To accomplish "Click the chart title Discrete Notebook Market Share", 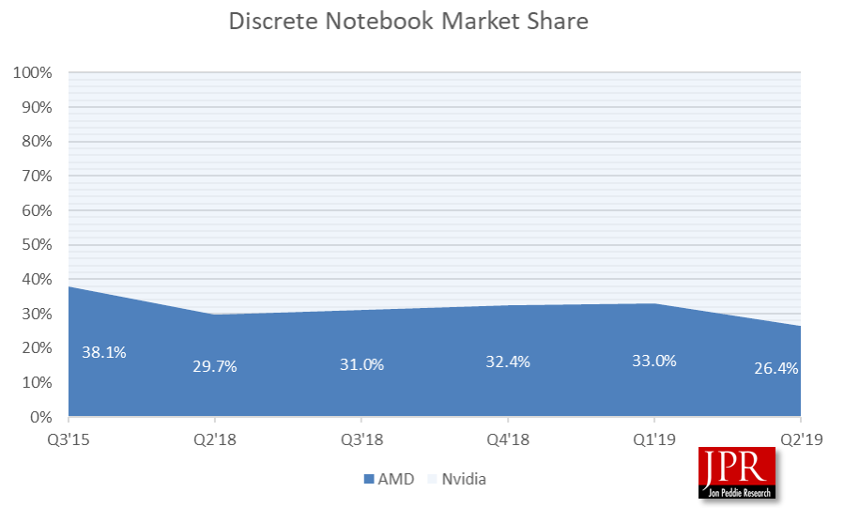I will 408,21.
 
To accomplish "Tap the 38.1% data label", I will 103,352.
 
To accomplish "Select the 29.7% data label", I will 215,366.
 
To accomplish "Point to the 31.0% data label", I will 361,364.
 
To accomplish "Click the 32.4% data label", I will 508,362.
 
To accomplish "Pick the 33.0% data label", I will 654,360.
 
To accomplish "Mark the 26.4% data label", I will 775,368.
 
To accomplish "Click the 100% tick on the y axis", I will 32,72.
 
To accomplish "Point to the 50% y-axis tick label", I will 36,245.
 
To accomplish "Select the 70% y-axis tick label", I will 36,176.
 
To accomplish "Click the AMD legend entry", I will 388,479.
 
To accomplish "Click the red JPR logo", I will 737,472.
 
